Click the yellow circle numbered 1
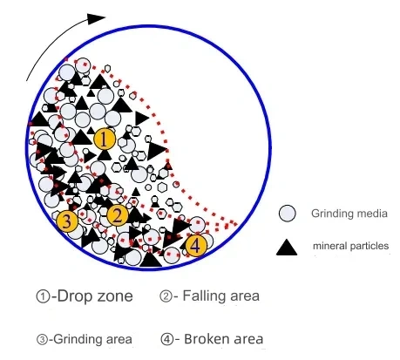click(x=105, y=139)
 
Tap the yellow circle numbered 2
click(x=118, y=215)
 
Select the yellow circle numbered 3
click(x=67, y=221)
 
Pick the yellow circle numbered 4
click(x=196, y=246)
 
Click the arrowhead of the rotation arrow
click(x=96, y=18)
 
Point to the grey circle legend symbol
click(x=287, y=214)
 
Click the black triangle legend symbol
click(x=287, y=248)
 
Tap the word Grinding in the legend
click(x=330, y=214)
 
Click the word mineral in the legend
click(x=329, y=246)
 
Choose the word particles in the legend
click(x=369, y=246)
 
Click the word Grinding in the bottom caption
click(x=73, y=339)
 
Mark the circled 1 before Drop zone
click(x=43, y=296)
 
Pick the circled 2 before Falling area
click(x=166, y=296)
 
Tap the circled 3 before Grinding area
click(x=42, y=339)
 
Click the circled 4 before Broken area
click(x=167, y=339)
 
